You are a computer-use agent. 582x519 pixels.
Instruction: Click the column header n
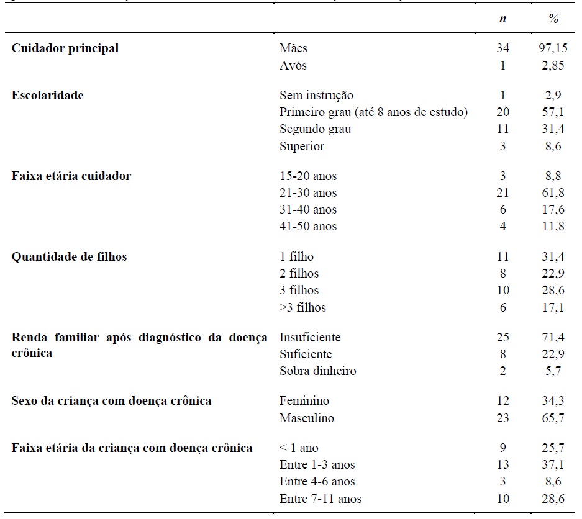coord(502,19)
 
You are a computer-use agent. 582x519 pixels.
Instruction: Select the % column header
coord(553,19)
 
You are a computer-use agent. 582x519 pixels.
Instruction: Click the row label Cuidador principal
coord(65,48)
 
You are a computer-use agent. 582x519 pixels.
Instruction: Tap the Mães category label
coord(293,48)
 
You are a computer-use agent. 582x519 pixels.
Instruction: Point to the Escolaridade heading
coord(47,96)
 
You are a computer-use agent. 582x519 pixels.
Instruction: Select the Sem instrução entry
coord(316,96)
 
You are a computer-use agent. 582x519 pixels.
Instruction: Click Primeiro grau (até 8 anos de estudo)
coord(373,112)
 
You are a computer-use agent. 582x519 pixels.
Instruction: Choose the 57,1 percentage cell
coord(554,112)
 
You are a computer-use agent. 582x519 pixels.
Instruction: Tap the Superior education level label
coord(302,147)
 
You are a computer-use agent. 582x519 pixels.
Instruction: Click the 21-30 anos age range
coord(308,193)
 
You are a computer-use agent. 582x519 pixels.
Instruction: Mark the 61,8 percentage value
coord(554,193)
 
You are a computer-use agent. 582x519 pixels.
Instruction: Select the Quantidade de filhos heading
coord(69,257)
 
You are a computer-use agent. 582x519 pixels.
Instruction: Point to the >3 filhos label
coord(302,308)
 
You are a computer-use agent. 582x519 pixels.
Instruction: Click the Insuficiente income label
coord(310,338)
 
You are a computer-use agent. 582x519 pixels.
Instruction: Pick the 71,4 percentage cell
coord(554,338)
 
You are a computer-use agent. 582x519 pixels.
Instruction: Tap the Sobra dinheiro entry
coord(317,371)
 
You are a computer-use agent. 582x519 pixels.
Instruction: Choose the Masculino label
coord(306,418)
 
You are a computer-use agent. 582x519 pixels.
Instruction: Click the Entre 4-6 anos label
coord(317,482)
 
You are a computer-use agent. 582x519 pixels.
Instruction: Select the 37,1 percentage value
coord(554,465)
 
